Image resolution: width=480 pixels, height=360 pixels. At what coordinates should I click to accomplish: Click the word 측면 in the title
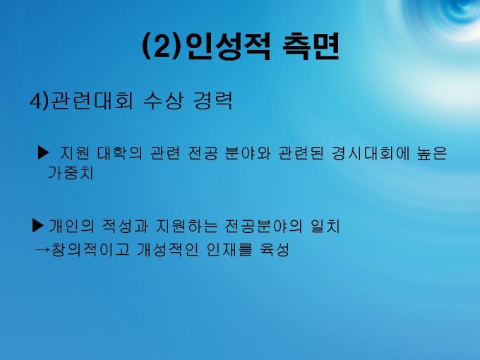(311, 47)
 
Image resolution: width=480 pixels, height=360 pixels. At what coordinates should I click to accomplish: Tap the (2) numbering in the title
(162, 47)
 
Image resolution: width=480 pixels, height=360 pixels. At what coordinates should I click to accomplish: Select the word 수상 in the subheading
(164, 101)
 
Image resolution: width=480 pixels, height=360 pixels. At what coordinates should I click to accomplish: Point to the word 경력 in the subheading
(213, 101)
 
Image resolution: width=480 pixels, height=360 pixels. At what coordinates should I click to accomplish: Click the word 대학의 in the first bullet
(120, 153)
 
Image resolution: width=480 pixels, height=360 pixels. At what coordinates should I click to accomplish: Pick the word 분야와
(248, 153)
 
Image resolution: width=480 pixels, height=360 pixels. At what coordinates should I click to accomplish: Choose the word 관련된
(301, 153)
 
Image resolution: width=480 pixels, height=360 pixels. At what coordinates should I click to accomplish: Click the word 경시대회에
(371, 153)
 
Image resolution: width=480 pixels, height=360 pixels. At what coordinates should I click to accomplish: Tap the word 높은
(432, 153)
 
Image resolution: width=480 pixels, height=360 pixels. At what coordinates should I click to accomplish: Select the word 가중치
(71, 173)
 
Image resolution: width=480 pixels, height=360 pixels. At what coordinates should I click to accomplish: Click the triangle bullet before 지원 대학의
(43, 152)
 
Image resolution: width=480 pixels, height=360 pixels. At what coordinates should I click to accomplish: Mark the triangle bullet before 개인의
(38, 226)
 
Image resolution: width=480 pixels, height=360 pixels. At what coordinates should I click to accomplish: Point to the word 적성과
(125, 227)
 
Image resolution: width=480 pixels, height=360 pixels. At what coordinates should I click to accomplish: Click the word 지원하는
(187, 227)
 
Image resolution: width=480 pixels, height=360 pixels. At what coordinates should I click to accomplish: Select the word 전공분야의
(263, 227)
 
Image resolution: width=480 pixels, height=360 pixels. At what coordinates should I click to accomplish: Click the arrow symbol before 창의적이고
(42, 250)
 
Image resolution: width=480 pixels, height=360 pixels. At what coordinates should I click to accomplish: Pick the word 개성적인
(167, 250)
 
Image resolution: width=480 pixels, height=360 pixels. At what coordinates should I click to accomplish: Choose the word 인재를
(229, 250)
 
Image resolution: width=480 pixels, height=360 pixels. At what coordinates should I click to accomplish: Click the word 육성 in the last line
(275, 250)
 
